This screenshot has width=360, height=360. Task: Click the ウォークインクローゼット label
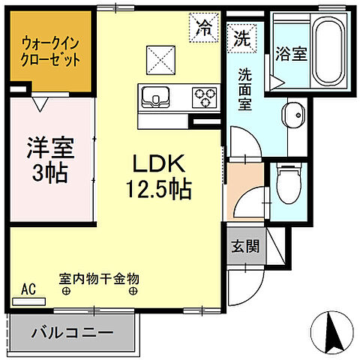click(50, 49)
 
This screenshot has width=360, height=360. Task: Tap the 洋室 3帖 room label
click(50, 159)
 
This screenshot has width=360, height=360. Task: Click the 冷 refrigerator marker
click(203, 29)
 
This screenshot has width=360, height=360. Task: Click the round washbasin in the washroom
click(291, 116)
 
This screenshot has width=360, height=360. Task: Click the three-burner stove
click(203, 95)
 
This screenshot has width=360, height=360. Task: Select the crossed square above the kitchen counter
click(159, 57)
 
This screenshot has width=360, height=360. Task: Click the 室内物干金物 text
click(100, 278)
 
